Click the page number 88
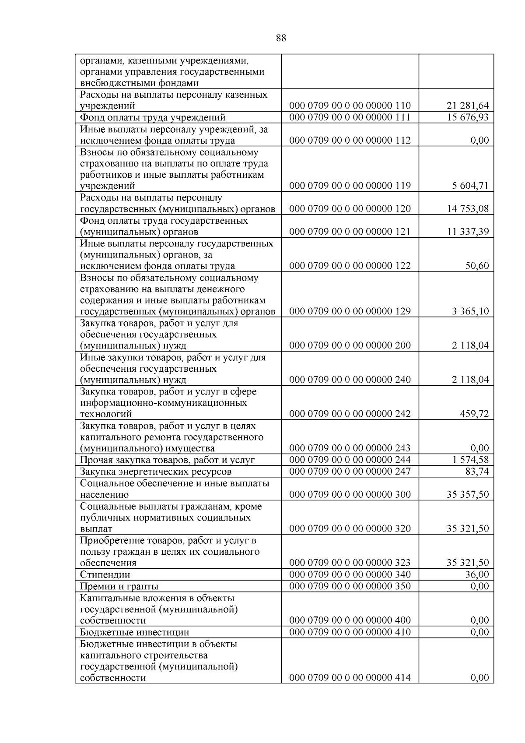pyautogui.click(x=281, y=38)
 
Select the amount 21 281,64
pyautogui.click(x=468, y=106)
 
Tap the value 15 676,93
pyautogui.click(x=468, y=117)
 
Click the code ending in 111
pyautogui.click(x=350, y=117)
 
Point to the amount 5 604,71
pyautogui.click(x=470, y=186)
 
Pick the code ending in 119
pyautogui.click(x=350, y=186)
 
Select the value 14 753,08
pyautogui.click(x=468, y=208)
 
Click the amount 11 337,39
pyautogui.click(x=468, y=232)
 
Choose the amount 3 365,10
pyautogui.click(x=470, y=311)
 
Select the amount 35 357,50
pyautogui.click(x=468, y=495)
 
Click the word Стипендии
pyautogui.click(x=105, y=575)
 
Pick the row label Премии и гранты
pyautogui.click(x=119, y=586)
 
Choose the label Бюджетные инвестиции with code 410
pyautogui.click(x=134, y=632)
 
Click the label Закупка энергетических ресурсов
pyautogui.click(x=155, y=472)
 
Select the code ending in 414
pyautogui.click(x=350, y=678)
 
